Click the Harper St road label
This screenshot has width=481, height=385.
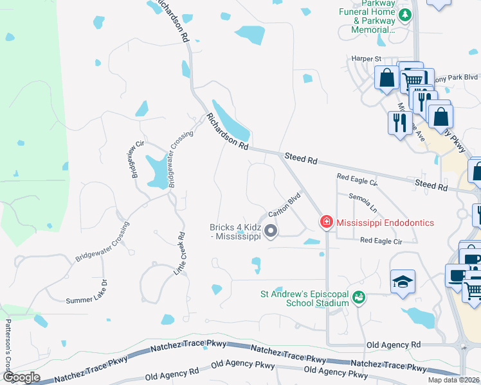click(x=366, y=59)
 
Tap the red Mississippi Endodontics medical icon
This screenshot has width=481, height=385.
click(x=327, y=223)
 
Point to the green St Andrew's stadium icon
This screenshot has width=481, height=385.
click(x=359, y=298)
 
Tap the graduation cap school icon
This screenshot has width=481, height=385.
click(x=403, y=282)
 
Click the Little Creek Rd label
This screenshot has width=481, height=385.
click(x=179, y=253)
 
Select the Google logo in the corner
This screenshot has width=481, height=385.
click(x=21, y=377)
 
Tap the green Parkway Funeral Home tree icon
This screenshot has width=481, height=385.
click(x=405, y=15)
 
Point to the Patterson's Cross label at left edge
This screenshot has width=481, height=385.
click(x=8, y=346)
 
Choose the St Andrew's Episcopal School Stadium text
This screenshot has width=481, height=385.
click(x=304, y=298)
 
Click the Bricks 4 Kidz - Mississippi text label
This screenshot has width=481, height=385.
click(x=235, y=232)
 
